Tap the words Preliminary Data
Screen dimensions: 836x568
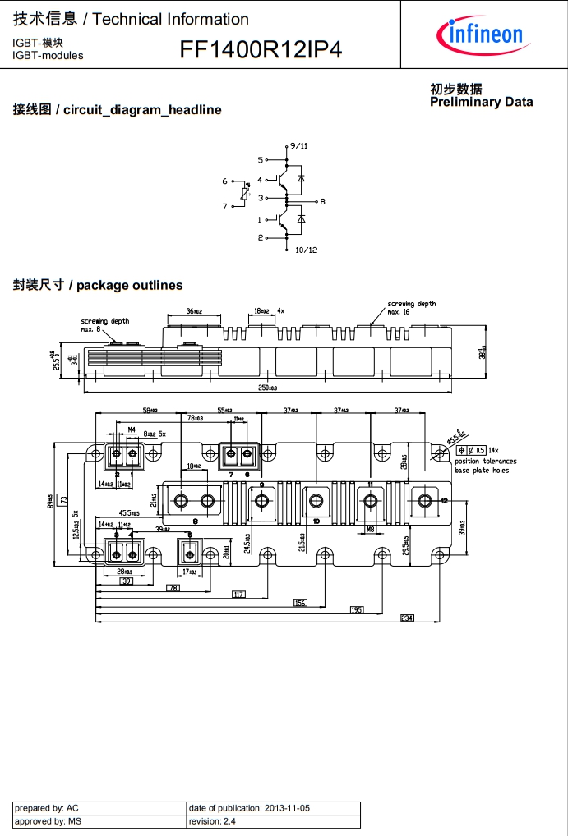tap(481, 102)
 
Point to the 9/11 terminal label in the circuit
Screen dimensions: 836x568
tap(299, 145)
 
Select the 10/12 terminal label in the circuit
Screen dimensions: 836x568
tap(305, 250)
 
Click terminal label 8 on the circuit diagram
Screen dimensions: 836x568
tap(322, 201)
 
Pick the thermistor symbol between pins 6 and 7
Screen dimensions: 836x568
tap(244, 194)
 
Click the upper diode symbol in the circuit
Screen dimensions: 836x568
tap(301, 177)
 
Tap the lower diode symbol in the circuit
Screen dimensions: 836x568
tap(301, 218)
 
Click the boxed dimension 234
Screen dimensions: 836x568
tap(407, 618)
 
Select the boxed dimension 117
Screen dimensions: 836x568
tap(239, 594)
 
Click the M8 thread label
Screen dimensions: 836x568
tap(371, 529)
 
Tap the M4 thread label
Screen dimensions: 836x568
tap(131, 429)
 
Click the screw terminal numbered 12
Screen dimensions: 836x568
tap(425, 500)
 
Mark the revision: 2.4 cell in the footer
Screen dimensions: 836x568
tap(273, 821)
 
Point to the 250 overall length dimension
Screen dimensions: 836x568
tap(268, 388)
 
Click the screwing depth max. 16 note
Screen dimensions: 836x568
tap(411, 308)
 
